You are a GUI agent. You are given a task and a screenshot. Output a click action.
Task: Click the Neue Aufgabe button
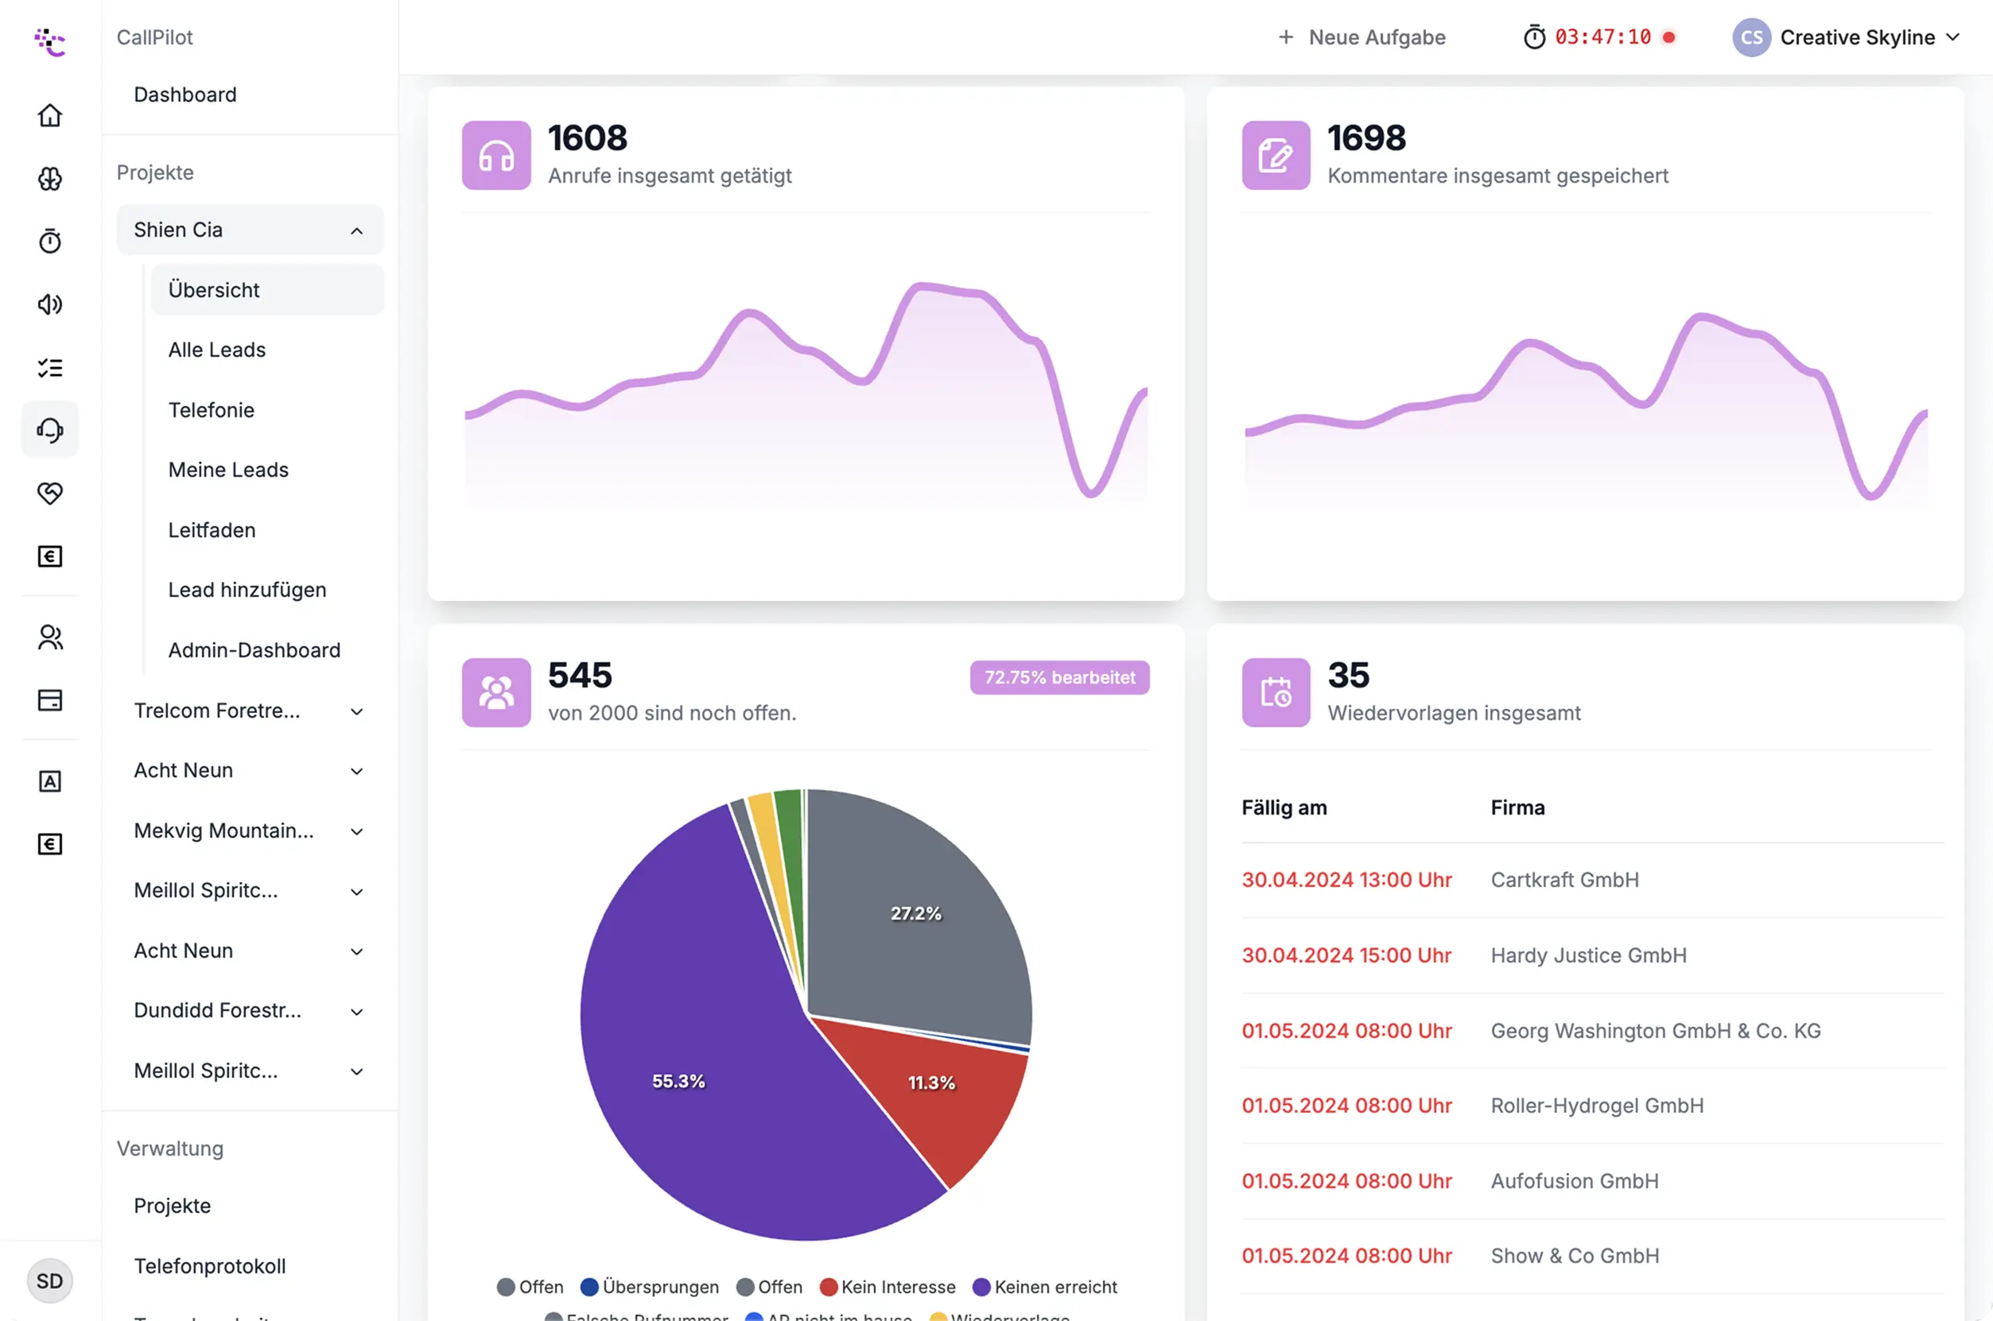click(1362, 37)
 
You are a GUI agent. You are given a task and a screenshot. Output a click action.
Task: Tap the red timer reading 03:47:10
click(1602, 37)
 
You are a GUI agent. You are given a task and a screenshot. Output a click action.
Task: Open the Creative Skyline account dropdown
click(1846, 37)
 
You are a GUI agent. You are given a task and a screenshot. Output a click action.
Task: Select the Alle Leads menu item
click(216, 350)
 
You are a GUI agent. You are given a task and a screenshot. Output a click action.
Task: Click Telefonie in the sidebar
click(211, 409)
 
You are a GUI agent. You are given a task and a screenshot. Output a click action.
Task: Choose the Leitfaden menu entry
click(212, 530)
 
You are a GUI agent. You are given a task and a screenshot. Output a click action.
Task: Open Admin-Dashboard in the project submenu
click(254, 649)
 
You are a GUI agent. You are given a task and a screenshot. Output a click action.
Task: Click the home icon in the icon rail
click(50, 115)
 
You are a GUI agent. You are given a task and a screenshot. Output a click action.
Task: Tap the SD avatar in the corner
click(50, 1280)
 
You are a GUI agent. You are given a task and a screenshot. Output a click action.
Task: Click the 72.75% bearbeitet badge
click(1059, 677)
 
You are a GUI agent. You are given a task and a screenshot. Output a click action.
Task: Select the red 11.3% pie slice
click(931, 1087)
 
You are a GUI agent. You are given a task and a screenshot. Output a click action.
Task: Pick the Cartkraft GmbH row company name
click(1564, 880)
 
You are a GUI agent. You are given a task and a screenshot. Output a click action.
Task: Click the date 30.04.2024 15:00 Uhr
click(1346, 955)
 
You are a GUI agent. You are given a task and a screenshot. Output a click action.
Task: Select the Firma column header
click(1517, 807)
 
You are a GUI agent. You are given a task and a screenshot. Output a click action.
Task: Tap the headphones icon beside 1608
click(495, 156)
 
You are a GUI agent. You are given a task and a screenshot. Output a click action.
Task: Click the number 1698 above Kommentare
click(1366, 138)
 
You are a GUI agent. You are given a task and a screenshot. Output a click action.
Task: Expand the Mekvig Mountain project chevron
click(356, 831)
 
